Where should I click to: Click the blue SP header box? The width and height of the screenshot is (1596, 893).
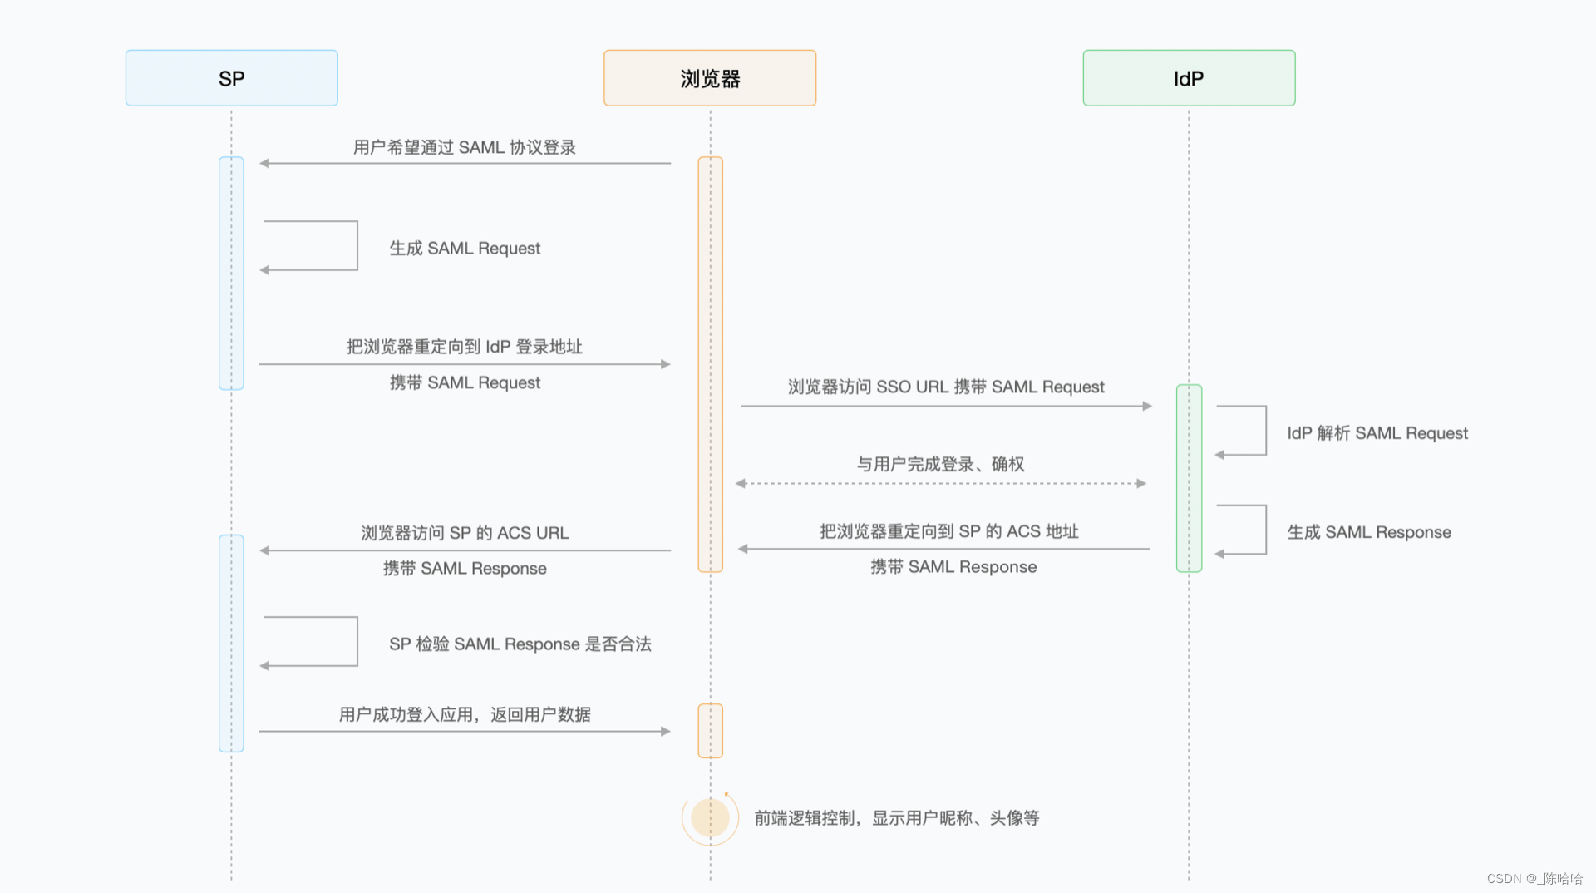[231, 78]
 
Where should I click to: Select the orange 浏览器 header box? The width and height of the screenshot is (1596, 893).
[710, 78]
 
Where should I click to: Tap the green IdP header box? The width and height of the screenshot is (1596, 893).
[1189, 78]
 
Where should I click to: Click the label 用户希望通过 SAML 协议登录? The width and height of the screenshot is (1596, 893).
[464, 147]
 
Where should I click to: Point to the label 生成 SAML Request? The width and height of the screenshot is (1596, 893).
[465, 248]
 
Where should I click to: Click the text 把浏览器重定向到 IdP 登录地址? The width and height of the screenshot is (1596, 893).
[464, 347]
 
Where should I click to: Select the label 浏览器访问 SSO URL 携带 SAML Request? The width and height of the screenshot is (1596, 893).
[946, 387]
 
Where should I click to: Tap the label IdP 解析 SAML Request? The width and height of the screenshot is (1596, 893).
[1377, 433]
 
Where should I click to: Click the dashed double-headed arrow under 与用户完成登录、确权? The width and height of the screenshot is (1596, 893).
[941, 483]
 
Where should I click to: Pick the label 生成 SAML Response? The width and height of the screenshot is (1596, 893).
[1369, 532]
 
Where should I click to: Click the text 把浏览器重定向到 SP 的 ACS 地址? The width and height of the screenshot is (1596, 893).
[949, 531]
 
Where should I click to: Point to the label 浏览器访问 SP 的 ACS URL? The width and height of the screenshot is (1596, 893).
[465, 533]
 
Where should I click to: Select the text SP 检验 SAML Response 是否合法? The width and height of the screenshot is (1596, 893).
[520, 644]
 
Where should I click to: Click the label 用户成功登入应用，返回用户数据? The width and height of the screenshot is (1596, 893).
[465, 714]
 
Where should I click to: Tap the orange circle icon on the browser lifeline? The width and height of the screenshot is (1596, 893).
[710, 817]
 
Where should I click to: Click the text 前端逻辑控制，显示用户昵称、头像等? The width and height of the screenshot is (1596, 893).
[897, 818]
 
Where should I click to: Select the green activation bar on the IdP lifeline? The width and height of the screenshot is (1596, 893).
[1189, 478]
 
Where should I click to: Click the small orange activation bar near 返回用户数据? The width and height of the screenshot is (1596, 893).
[710, 731]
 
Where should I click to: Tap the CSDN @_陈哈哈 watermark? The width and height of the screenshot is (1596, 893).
[1534, 878]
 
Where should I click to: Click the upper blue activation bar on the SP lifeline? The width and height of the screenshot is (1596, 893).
[231, 273]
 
